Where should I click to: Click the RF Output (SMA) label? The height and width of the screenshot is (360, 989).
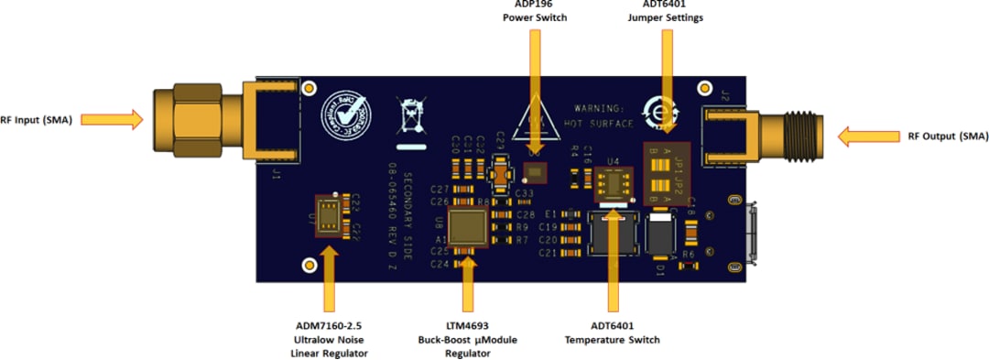coord(948,136)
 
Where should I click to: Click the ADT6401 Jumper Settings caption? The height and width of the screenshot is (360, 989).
coord(666,11)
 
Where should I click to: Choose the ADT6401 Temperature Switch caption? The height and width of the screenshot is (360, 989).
coord(612,332)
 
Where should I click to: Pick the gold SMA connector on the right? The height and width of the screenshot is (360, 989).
coord(778,136)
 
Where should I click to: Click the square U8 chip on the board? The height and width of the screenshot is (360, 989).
coord(471,226)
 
